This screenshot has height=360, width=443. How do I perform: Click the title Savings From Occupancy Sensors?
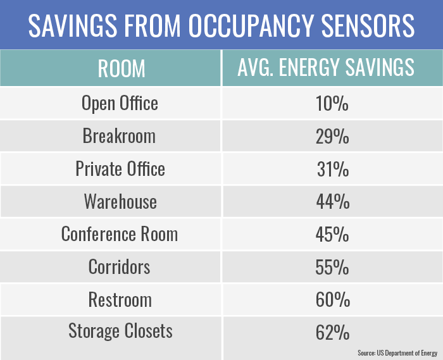tap(221, 25)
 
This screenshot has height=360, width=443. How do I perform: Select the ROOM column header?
tap(121, 68)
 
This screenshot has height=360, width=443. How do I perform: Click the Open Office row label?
tap(120, 103)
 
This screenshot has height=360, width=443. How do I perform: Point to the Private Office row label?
tap(120, 169)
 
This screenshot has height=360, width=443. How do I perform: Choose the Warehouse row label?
tap(120, 202)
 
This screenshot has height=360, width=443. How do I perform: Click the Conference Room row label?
tap(120, 235)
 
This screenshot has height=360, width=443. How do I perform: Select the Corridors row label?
tap(120, 268)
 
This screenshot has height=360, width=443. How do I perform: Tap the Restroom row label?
tap(120, 300)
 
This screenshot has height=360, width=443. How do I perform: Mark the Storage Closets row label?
tap(120, 332)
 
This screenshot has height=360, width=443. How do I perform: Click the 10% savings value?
tap(332, 104)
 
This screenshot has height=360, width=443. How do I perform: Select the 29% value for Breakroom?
tap(332, 137)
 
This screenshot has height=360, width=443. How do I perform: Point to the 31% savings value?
tap(332, 170)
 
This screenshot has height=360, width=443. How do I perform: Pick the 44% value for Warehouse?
tap(332, 202)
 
